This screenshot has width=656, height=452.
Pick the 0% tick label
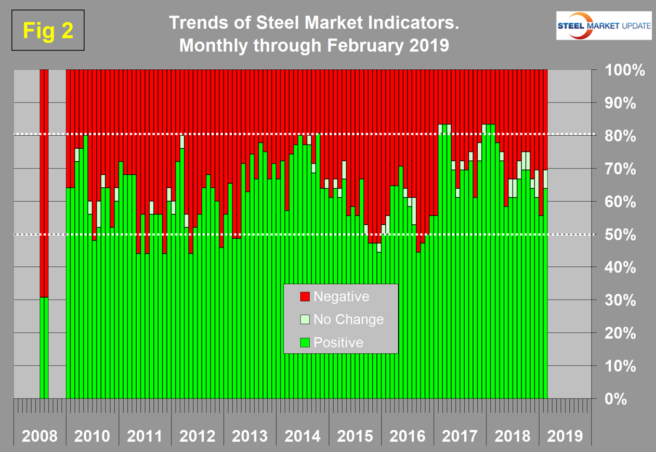click(x=625, y=399)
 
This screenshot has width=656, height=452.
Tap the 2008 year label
click(x=40, y=435)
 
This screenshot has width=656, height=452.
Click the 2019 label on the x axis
click(x=565, y=435)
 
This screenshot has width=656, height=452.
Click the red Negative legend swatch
click(x=305, y=297)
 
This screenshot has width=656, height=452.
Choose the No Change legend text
click(x=348, y=319)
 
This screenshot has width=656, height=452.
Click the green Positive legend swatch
click(x=305, y=342)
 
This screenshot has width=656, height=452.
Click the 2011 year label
click(x=145, y=435)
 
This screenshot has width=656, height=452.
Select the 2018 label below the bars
click(x=512, y=435)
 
